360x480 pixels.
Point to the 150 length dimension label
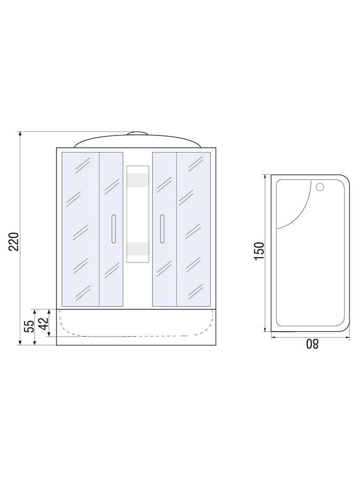click(259, 251)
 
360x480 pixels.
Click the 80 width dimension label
click(313, 344)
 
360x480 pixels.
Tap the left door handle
click(114, 229)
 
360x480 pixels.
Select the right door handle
click(162, 229)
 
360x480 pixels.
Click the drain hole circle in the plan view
click(320, 187)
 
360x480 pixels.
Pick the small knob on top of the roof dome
click(138, 133)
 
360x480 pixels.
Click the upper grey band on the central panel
click(138, 180)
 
